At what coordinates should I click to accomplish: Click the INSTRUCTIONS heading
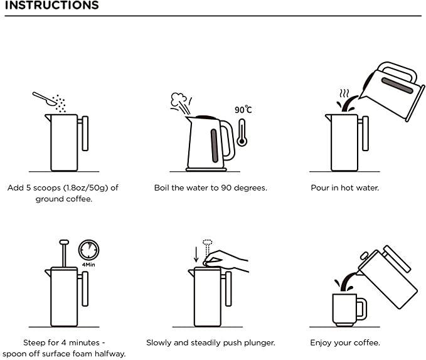(x=50, y=6)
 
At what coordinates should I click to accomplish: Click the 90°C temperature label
(x=243, y=110)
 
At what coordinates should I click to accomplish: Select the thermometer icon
(x=242, y=132)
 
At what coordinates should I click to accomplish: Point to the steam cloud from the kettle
(x=180, y=101)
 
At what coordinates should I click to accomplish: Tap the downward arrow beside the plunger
(x=196, y=254)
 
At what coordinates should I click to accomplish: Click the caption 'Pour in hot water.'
(x=344, y=188)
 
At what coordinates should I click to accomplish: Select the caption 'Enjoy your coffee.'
(x=344, y=343)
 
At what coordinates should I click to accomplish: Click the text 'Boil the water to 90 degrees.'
(x=211, y=188)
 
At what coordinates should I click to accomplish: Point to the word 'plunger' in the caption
(x=258, y=343)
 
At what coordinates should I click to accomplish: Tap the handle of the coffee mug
(x=360, y=308)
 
